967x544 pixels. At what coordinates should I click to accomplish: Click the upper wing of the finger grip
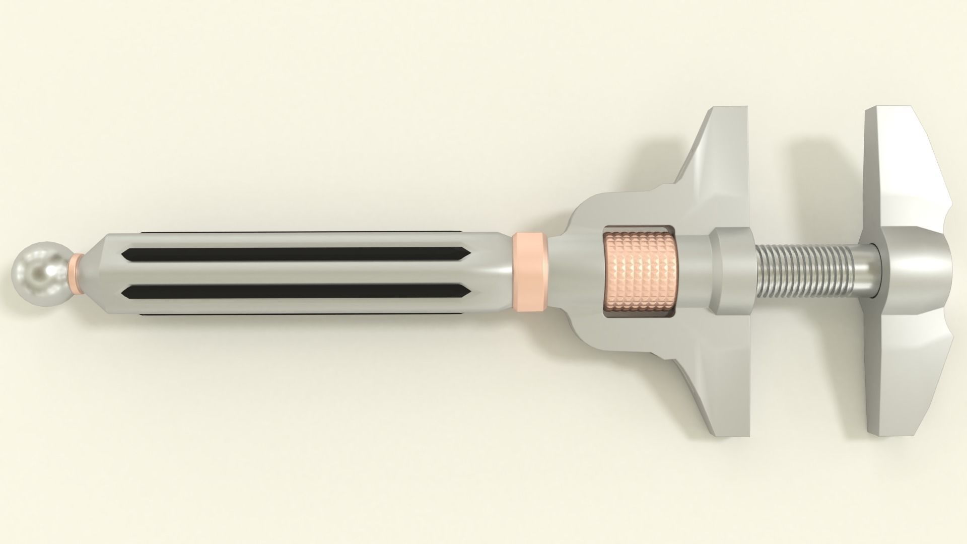click(720, 151)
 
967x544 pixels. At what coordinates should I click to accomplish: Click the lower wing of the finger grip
click(720, 393)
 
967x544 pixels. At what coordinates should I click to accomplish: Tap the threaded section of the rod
click(801, 272)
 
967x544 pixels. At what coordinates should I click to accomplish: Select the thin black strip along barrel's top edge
click(312, 233)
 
